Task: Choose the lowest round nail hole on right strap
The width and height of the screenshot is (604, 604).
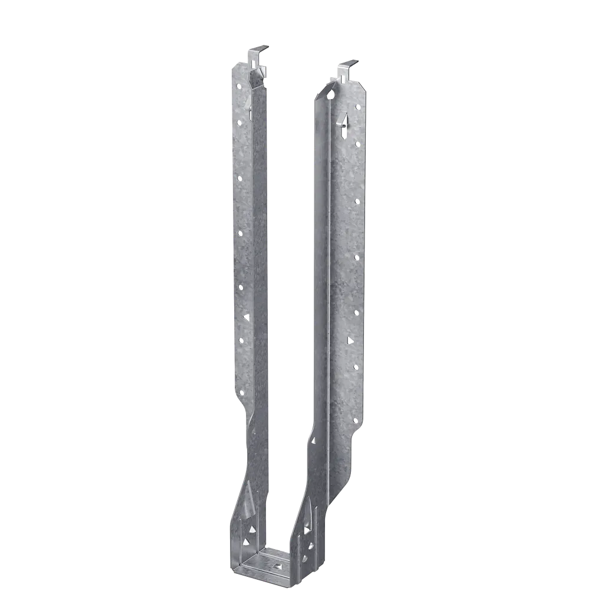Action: click(355, 420)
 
